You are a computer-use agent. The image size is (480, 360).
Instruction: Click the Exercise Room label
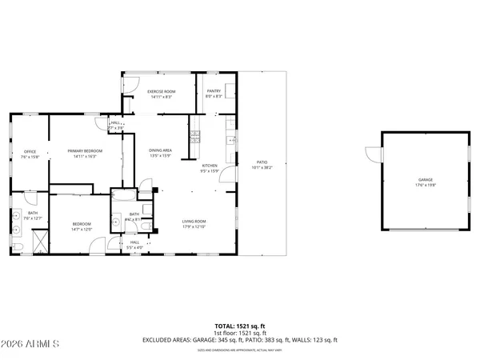point(161,91)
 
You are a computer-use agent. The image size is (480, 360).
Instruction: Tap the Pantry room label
point(214,91)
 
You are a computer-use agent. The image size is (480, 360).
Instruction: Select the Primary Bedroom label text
point(84,151)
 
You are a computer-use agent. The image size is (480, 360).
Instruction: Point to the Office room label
point(30,151)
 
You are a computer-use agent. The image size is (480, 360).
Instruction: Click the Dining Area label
point(160,150)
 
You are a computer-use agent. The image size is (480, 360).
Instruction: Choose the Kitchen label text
point(209,166)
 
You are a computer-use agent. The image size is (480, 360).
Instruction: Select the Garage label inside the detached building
point(424,180)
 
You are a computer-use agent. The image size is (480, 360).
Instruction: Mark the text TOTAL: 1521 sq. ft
point(239,326)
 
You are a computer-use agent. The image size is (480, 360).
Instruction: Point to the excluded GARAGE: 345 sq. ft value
point(237,341)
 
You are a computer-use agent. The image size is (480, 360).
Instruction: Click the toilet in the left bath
point(17,247)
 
